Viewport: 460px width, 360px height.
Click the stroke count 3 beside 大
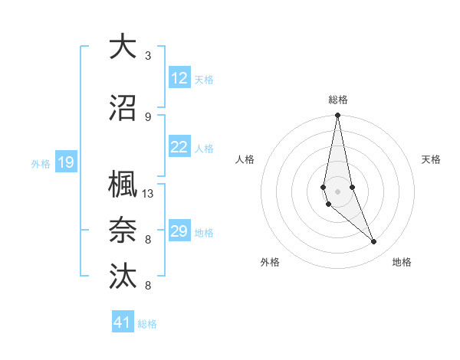point(148,56)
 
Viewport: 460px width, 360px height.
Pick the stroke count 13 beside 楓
point(148,194)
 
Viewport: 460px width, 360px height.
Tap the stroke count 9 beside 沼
point(148,117)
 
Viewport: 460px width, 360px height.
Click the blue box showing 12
point(179,78)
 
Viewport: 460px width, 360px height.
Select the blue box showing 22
point(179,147)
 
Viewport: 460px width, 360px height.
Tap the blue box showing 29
point(179,231)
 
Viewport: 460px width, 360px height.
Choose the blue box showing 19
point(65,162)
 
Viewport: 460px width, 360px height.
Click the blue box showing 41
point(123,322)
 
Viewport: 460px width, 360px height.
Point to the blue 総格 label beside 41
point(147,324)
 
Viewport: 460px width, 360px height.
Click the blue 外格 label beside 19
point(41,163)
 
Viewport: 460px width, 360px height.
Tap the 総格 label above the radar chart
point(337,100)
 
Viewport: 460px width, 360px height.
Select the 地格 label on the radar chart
point(402,263)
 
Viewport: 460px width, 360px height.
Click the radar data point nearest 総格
point(337,116)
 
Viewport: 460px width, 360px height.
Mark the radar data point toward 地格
point(374,242)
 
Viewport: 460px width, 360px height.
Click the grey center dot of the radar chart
point(337,191)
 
